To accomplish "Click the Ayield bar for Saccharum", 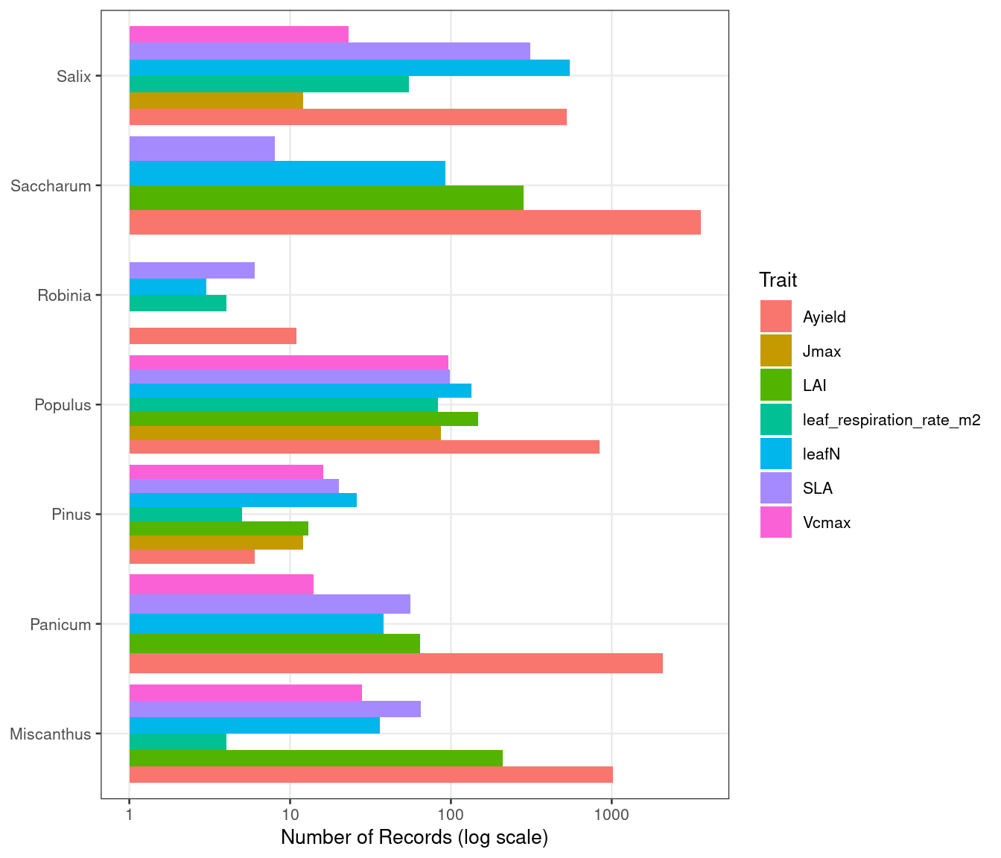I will pos(415,222).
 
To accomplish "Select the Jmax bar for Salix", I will pos(216,101).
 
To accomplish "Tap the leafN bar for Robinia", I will pos(168,287).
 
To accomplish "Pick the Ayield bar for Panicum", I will pos(395,664).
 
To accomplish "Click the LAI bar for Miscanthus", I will pos(316,758).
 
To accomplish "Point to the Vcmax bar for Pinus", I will pos(226,472).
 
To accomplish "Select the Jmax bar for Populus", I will pos(285,433).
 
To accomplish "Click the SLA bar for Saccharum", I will pos(202,148).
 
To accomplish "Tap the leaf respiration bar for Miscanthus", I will pos(178,742).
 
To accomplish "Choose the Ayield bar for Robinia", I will pos(213,336).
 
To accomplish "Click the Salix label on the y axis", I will pos(74,76).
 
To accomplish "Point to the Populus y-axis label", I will pos(63,405).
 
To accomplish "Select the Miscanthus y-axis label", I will pos(50,734).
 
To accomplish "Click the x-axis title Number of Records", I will pos(414,838).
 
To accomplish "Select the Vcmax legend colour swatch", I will pos(776,522).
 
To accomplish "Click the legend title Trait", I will pos(778,280).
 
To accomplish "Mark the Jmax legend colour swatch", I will pos(776,351).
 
